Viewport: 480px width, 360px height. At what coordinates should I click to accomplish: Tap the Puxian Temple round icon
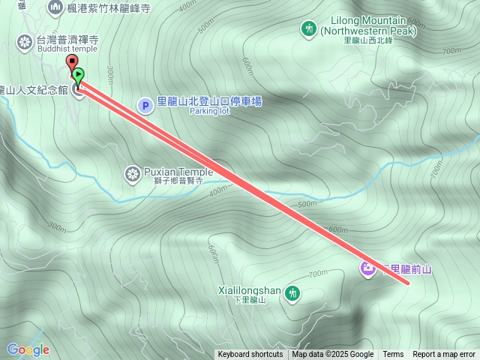[x=133, y=175]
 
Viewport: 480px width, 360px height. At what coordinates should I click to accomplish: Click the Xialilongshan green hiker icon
[x=292, y=292]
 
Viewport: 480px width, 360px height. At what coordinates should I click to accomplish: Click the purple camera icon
[x=368, y=268]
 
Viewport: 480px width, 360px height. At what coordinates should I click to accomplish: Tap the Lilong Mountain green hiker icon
[x=307, y=28]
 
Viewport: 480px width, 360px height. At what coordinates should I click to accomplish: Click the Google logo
[x=28, y=349]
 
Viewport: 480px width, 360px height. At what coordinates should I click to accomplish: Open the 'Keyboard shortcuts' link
[x=250, y=355]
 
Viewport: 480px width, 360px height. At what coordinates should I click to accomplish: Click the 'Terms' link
[x=393, y=355]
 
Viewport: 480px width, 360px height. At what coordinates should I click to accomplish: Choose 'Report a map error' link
[x=444, y=355]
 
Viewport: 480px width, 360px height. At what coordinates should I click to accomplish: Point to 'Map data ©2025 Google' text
[x=333, y=355]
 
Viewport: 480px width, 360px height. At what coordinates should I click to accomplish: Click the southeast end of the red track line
[x=408, y=283]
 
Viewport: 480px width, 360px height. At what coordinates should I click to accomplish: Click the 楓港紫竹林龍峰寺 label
[x=109, y=8]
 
